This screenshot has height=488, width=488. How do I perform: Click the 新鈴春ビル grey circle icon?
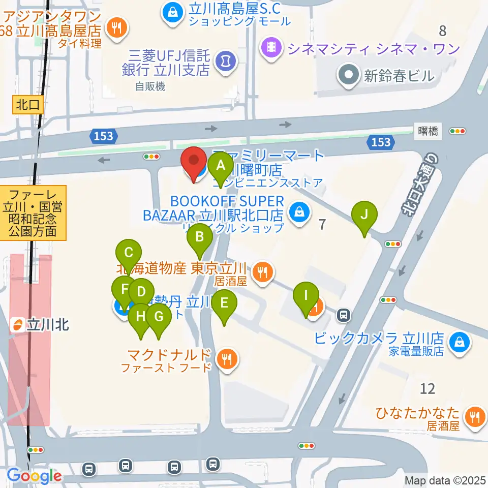(x=349, y=76)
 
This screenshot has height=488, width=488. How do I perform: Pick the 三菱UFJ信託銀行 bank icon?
(x=223, y=62)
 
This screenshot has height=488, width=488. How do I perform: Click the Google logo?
(x=35, y=476)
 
